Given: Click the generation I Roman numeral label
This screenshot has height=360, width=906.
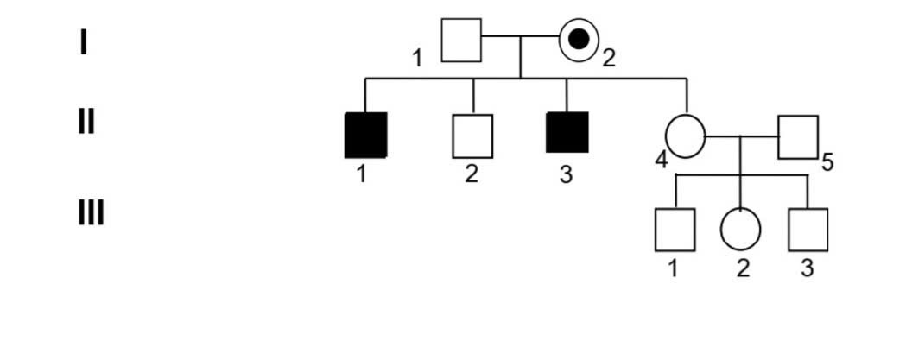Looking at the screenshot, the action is tap(84, 43).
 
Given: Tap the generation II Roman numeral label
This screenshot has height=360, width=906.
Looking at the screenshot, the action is tap(86, 122).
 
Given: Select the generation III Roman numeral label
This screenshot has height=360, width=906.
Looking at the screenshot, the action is tap(92, 213).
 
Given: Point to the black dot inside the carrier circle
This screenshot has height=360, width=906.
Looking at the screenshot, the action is tap(579, 40).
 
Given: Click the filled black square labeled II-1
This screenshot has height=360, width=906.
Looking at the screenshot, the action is tap(365, 136).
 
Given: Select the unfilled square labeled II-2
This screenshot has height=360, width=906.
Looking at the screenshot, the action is tap(472, 136).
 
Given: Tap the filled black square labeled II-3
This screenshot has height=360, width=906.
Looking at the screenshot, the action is tap(567, 132).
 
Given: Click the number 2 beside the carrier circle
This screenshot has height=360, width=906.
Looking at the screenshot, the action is tap(608, 58).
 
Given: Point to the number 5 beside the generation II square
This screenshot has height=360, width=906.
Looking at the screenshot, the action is tap(827, 163).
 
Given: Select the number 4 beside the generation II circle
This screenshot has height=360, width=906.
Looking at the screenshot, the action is tap(662, 160).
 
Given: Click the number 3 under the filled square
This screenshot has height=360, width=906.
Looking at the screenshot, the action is tap(567, 174).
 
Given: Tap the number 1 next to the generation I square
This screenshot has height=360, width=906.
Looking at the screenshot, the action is tap(416, 59).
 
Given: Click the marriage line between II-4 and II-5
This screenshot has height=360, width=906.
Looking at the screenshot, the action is tap(742, 137).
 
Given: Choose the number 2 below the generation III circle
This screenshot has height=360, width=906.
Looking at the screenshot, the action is tap(743, 268).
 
